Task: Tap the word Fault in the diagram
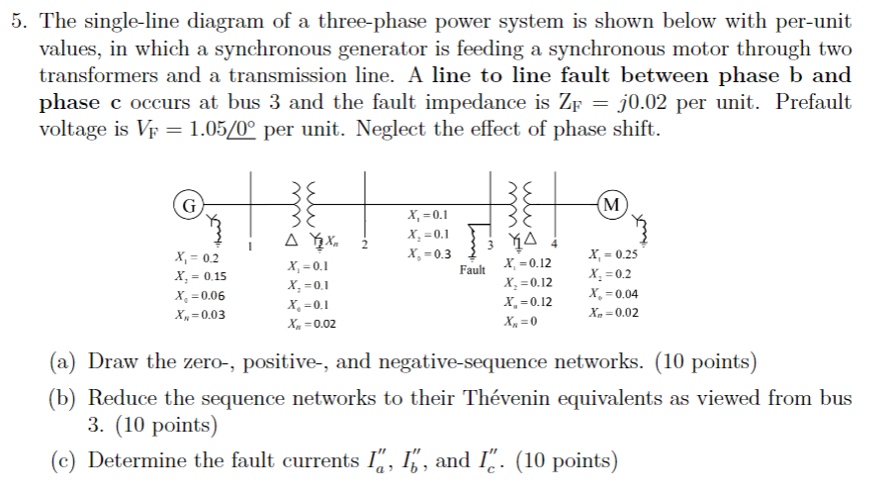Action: tap(472, 269)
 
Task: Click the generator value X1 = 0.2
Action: tap(196, 257)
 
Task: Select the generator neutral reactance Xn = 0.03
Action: tap(199, 315)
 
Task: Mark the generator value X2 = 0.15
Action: tap(199, 276)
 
